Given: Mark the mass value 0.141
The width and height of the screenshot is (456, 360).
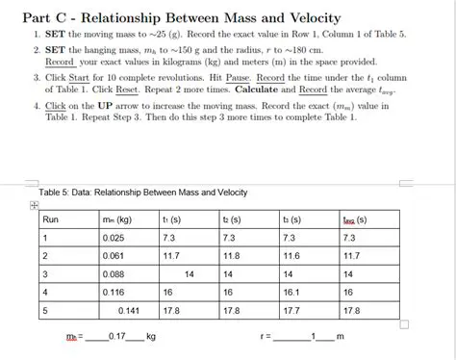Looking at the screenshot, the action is coord(128,311).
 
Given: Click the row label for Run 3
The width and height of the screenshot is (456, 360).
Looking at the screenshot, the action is coord(44,273).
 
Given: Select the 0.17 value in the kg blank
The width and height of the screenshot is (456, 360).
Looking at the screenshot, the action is coord(119,338).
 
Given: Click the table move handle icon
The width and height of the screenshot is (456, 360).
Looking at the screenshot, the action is coord(34,205).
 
